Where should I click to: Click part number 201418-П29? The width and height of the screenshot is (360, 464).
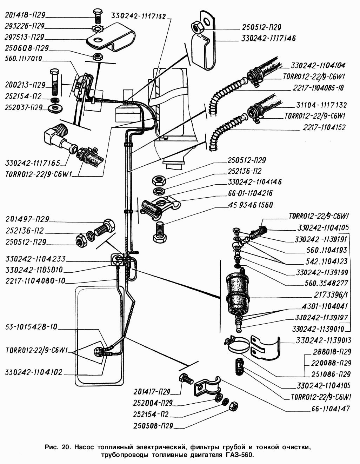pyautogui.click(x=25, y=15)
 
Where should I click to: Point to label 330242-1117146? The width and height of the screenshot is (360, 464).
pyautogui.click(x=268, y=38)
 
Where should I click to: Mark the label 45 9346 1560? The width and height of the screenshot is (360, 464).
pyautogui.click(x=250, y=205)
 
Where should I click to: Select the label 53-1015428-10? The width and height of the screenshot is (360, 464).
pyautogui.click(x=31, y=327)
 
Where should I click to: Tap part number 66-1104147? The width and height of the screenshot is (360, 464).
pyautogui.click(x=331, y=409)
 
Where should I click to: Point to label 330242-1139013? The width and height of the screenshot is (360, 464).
pyautogui.click(x=323, y=340)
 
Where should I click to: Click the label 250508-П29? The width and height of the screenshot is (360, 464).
pyautogui.click(x=153, y=426)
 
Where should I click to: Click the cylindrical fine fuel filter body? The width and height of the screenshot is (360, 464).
pyautogui.click(x=238, y=288)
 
